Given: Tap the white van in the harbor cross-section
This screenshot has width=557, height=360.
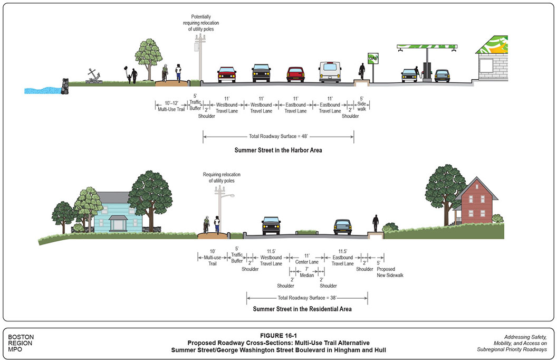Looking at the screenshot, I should [x=330, y=72].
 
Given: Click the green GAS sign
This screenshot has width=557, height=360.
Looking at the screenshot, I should [x=373, y=58].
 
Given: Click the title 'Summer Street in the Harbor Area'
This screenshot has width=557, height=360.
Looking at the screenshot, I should [x=278, y=150].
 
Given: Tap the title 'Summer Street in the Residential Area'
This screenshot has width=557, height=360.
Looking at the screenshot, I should [x=302, y=309].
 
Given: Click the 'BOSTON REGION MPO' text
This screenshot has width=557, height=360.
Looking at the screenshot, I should [x=21, y=343].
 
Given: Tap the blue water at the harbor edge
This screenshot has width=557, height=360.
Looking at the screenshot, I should [x=42, y=90].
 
